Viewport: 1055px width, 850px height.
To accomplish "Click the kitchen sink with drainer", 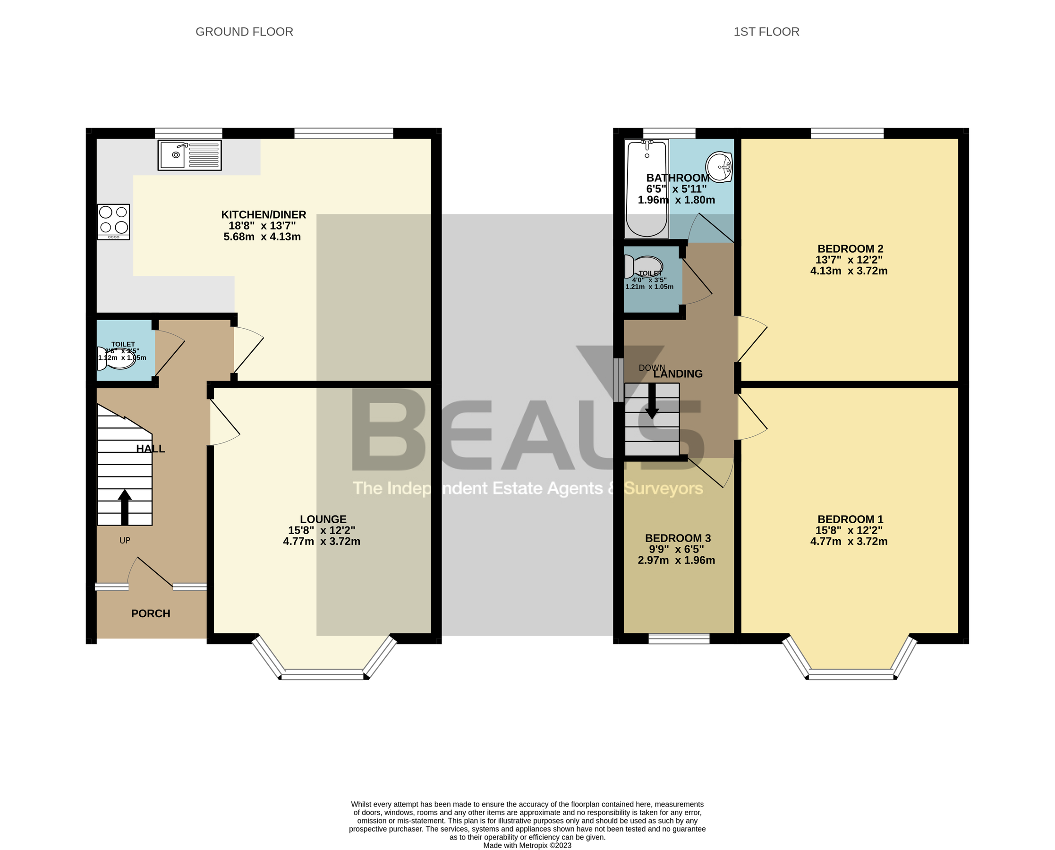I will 189,155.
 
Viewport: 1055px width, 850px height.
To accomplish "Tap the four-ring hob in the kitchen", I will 114,221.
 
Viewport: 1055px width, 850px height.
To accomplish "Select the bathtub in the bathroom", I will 647,188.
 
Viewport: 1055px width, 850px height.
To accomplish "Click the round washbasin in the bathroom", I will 719,166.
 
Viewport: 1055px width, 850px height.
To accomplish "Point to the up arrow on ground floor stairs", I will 125,507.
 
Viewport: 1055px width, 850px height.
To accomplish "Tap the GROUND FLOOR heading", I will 244,32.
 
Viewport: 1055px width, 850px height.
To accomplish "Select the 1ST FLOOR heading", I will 766,32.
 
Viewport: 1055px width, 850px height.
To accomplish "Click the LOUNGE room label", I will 323,519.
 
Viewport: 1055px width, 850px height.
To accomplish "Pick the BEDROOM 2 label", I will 851,249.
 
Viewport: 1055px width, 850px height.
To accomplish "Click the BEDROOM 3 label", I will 678,538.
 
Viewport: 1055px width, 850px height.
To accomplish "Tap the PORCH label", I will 151,613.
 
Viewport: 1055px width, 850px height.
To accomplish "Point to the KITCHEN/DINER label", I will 264,214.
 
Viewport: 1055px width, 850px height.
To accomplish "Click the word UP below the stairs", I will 125,541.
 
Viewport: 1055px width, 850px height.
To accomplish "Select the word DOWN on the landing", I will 652,368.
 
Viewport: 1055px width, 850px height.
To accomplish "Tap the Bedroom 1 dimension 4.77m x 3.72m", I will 849,542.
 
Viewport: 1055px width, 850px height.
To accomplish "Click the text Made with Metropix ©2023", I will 527,845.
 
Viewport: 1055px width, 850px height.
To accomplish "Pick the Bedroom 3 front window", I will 679,638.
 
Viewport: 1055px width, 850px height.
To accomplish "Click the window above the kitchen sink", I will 188,133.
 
